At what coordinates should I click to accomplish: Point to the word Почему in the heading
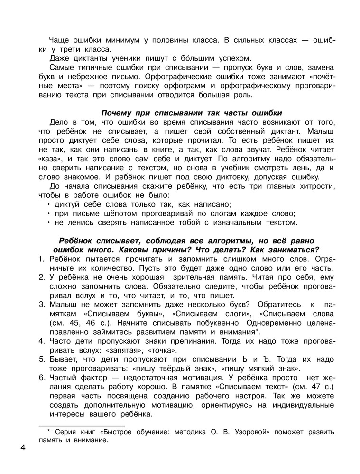[x=120, y=113]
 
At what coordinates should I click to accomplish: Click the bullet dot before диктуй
[x=49, y=204]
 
